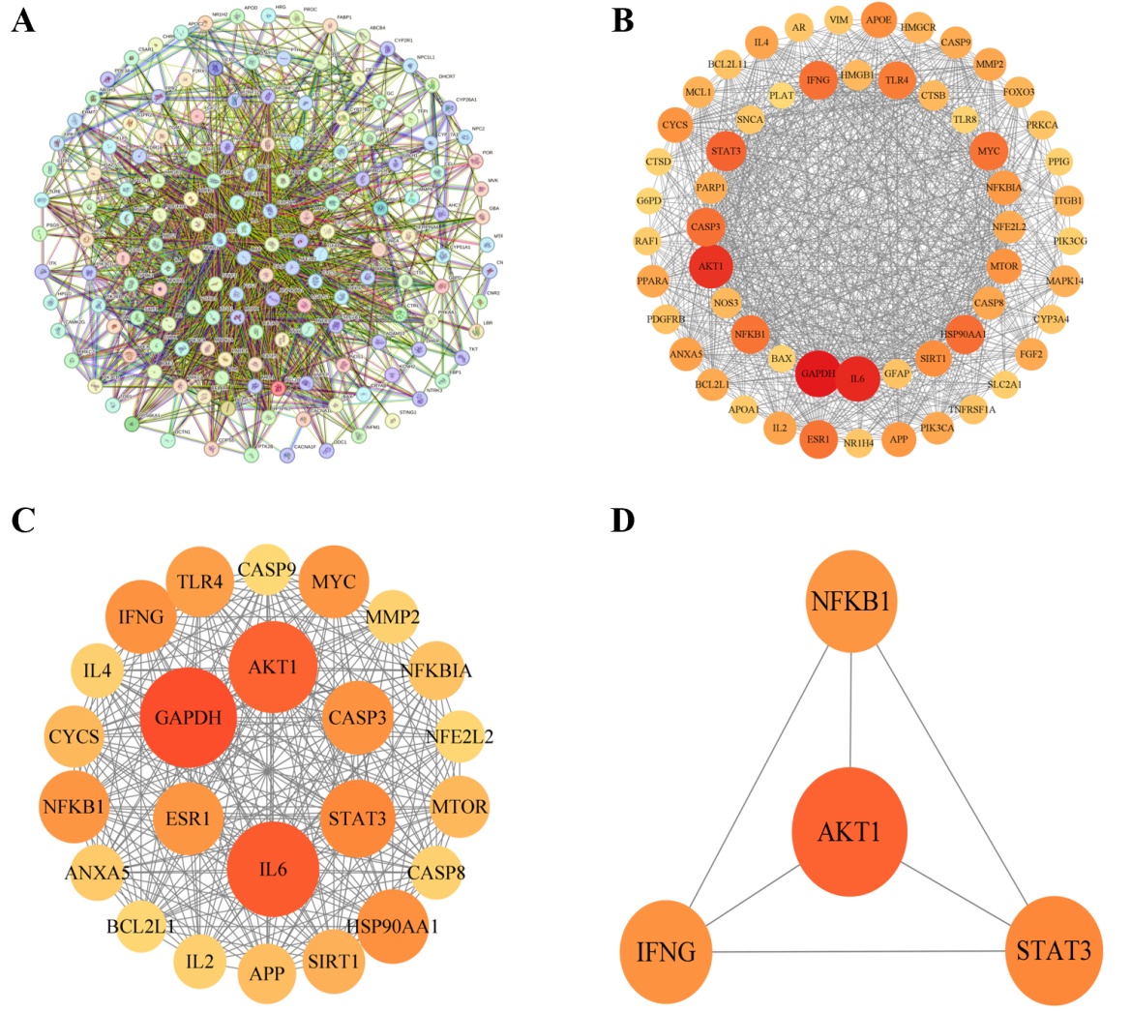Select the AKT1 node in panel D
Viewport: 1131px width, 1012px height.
[x=849, y=830]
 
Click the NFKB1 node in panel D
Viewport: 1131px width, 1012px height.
[x=851, y=602]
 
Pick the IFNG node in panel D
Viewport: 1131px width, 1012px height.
[x=667, y=950]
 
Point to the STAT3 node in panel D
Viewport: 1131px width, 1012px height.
[x=1052, y=950]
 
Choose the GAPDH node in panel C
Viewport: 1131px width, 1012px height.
[x=189, y=717]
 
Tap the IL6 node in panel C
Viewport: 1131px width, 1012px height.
[x=274, y=869]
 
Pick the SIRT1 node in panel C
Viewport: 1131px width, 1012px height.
[x=333, y=961]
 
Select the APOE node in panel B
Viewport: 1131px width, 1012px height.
[x=878, y=21]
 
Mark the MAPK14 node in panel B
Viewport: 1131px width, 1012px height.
[x=1063, y=282]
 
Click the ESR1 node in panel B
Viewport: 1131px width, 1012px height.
[x=818, y=439]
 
